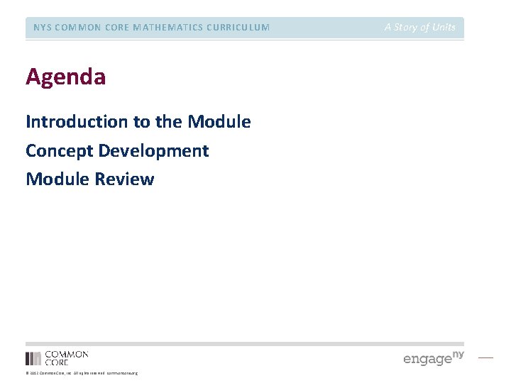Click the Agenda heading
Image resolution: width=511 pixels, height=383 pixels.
(66, 77)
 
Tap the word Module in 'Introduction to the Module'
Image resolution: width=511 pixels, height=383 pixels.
(219, 122)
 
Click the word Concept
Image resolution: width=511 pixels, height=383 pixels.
(59, 151)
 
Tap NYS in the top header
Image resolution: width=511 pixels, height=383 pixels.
(43, 28)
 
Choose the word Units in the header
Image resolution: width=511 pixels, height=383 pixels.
(443, 28)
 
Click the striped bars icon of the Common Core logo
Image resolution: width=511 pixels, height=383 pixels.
(33, 358)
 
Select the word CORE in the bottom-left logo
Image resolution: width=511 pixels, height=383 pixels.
(57, 362)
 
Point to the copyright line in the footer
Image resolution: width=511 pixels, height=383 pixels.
(82, 373)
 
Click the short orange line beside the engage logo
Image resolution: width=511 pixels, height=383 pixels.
(485, 357)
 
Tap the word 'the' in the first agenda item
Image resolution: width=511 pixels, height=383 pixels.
(169, 122)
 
